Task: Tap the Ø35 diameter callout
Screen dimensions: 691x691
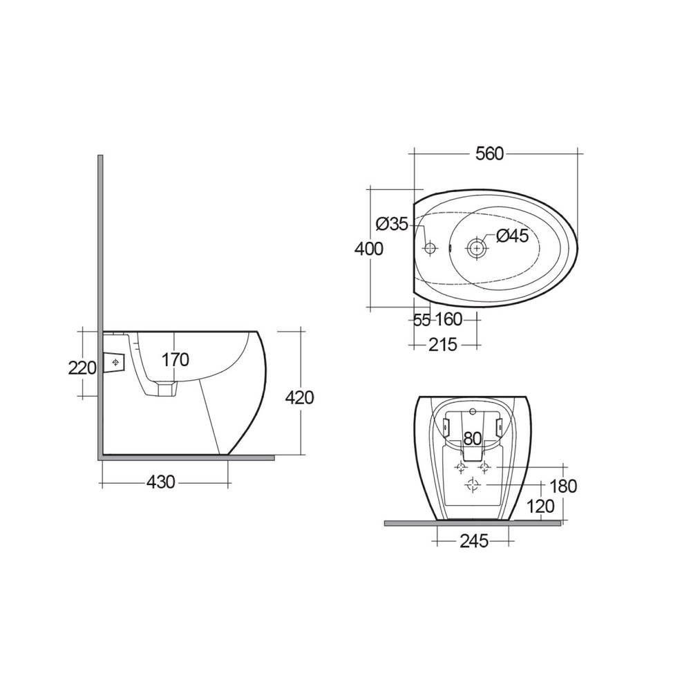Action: [392, 224]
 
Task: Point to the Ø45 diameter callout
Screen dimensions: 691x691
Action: [512, 236]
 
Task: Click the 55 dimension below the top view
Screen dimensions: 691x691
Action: [422, 320]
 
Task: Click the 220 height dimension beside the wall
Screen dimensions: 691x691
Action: [82, 368]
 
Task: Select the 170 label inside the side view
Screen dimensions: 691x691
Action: [175, 359]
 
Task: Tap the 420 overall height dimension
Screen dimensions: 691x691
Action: [300, 397]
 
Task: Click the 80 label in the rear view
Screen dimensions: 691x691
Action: [472, 437]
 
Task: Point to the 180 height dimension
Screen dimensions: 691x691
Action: [563, 486]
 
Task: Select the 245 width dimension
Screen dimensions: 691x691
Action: [473, 541]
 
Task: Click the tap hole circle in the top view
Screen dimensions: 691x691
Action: [430, 247]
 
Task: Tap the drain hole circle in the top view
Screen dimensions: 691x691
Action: [476, 247]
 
